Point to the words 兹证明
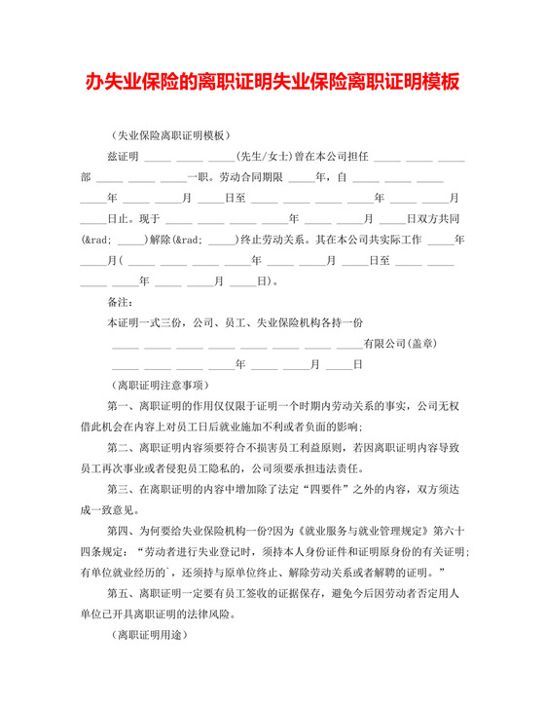tap(124, 156)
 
